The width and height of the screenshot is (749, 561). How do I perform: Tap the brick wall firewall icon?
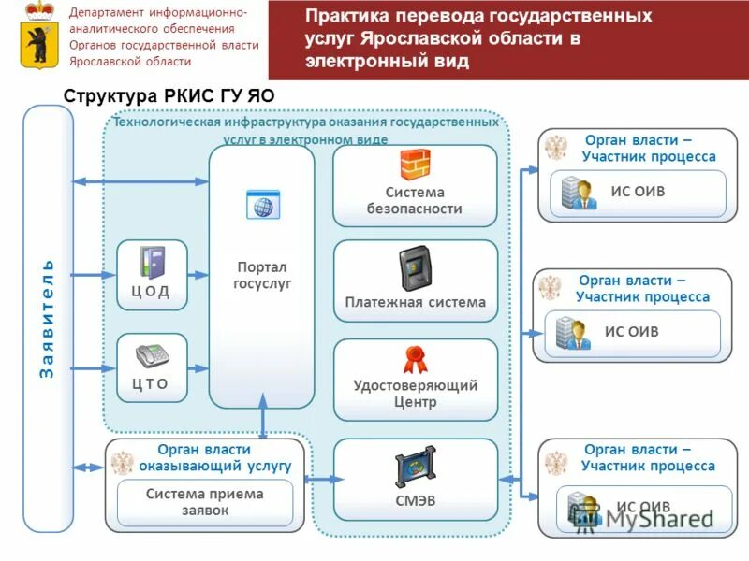[415, 165]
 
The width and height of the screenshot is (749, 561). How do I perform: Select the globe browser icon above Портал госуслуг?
[263, 204]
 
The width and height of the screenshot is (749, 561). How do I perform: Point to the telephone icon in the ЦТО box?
[151, 357]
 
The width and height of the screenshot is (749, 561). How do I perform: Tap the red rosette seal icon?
[415, 359]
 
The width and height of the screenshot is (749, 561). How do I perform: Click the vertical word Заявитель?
[48, 319]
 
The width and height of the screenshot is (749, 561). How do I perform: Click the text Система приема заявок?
[205, 502]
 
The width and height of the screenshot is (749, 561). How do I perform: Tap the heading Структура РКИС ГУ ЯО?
[169, 96]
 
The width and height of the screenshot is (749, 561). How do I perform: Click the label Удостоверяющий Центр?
[415, 394]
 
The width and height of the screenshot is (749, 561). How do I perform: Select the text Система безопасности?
[415, 200]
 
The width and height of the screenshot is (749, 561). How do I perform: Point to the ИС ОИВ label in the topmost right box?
[638, 191]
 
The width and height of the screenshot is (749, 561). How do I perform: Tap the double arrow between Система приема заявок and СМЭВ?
[319, 479]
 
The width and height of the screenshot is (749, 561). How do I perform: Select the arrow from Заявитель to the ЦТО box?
[94, 367]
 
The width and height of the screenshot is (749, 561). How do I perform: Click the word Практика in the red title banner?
[342, 18]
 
